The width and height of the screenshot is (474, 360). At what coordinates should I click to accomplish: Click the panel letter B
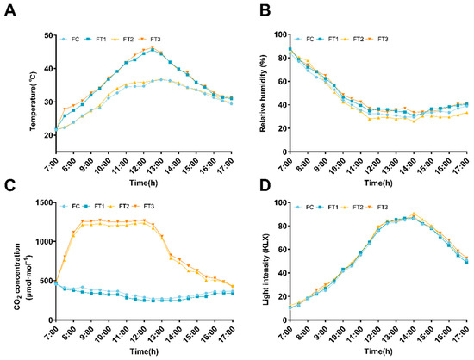tap(249, 9)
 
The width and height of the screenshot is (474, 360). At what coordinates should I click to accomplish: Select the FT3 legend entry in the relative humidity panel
tap(383, 39)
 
